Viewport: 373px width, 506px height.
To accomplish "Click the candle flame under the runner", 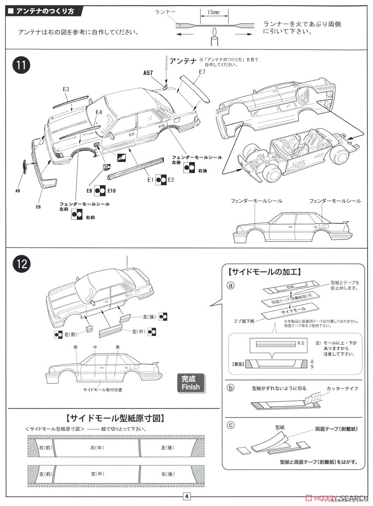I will click(214, 32).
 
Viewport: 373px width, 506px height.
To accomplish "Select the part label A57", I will click(148, 73).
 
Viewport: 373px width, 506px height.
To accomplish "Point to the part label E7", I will click(202, 72).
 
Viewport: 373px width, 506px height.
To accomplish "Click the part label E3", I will click(66, 89).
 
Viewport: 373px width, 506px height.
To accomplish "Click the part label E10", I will click(112, 191).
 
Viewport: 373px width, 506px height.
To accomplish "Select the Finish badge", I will click(191, 383).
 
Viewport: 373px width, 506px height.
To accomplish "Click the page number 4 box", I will click(186, 496).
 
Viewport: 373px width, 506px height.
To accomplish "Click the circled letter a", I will click(230, 285).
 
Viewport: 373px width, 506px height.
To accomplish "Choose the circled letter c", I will click(230, 425).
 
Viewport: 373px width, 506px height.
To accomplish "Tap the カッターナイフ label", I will click(342, 388).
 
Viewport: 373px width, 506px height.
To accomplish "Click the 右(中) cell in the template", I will click(96, 448).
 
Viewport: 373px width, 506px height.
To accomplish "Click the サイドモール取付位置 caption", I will click(103, 390).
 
